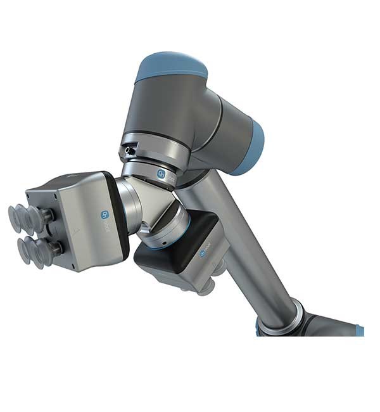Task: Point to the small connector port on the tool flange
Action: pyautogui.click(x=130, y=150)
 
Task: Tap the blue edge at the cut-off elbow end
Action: pyautogui.click(x=359, y=330)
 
